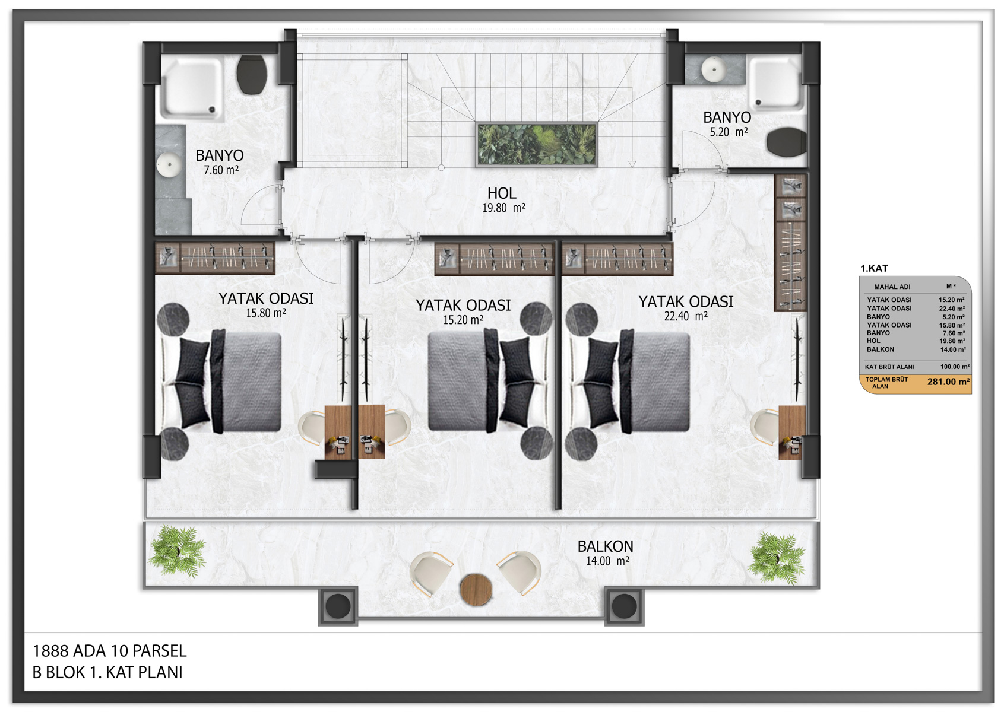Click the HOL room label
pos(502,193)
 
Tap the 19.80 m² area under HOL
pos(504,208)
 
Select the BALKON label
pos(605,546)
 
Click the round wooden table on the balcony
pos(476,589)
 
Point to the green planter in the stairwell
pos(537,145)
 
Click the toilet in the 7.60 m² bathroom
pos(252,75)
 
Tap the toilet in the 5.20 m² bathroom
pos(786,142)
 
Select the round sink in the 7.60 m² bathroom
pos(169,164)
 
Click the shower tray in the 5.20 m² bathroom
pos(775,84)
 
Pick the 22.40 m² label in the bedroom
pos(686,316)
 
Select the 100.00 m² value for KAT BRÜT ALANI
pos(955,367)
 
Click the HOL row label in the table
pos(873,341)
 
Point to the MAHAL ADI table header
pos(892,287)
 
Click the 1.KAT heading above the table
pos(874,268)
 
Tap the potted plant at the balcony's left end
pos(177,551)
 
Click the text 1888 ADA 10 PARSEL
pos(110,650)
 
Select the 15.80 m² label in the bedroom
pos(265,313)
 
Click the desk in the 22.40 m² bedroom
pos(791,432)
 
